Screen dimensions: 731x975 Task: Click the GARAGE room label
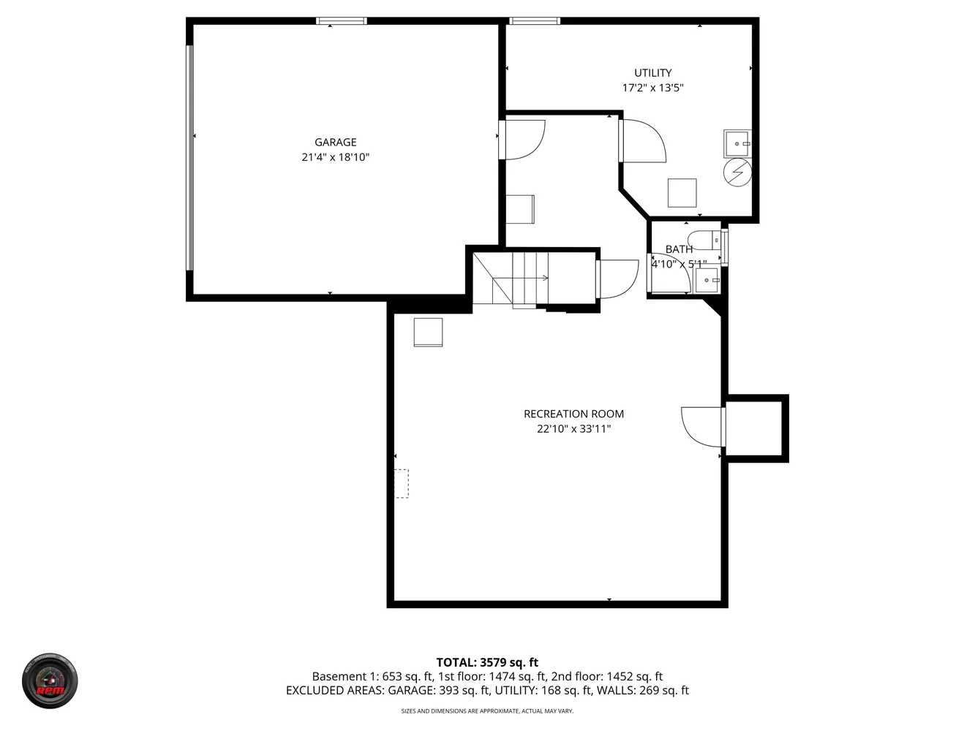click(336, 143)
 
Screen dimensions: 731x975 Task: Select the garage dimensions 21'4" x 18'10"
click(336, 157)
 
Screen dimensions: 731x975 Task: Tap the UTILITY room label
click(652, 73)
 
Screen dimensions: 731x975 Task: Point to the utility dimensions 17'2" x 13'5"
click(652, 88)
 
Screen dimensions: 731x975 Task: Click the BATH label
click(679, 249)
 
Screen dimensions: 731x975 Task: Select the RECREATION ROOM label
click(573, 414)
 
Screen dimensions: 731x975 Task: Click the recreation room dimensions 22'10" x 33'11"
click(573, 429)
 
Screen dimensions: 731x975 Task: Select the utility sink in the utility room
click(737, 143)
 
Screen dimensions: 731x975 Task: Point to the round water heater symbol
click(737, 173)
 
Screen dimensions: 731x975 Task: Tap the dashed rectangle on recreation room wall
click(402, 483)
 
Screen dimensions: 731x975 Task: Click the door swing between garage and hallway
click(524, 139)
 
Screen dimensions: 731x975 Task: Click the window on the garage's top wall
click(342, 21)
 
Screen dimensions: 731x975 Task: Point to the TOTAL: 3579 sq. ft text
click(487, 663)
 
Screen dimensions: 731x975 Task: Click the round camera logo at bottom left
click(50, 681)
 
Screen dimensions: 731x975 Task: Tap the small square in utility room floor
click(682, 193)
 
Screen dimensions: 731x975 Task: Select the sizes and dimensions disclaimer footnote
click(487, 711)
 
